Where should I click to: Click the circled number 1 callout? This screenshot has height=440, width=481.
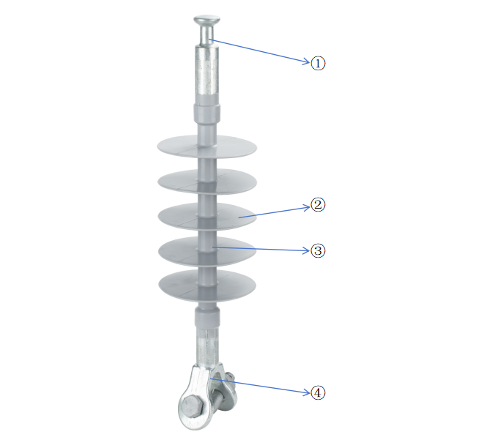pyautogui.click(x=318, y=63)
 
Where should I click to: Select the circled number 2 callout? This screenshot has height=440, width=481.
pyautogui.click(x=318, y=205)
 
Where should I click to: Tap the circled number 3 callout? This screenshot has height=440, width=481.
pyautogui.click(x=318, y=250)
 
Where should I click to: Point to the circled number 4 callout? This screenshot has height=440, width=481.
pyautogui.click(x=318, y=392)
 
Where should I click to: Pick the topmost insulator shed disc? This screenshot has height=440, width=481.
pyautogui.click(x=207, y=146)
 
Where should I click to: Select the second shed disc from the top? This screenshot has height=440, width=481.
pyautogui.click(x=207, y=182)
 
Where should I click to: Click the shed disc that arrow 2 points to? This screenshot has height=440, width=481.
pyautogui.click(x=207, y=216)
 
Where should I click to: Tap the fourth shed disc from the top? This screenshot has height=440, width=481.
pyautogui.click(x=207, y=251)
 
